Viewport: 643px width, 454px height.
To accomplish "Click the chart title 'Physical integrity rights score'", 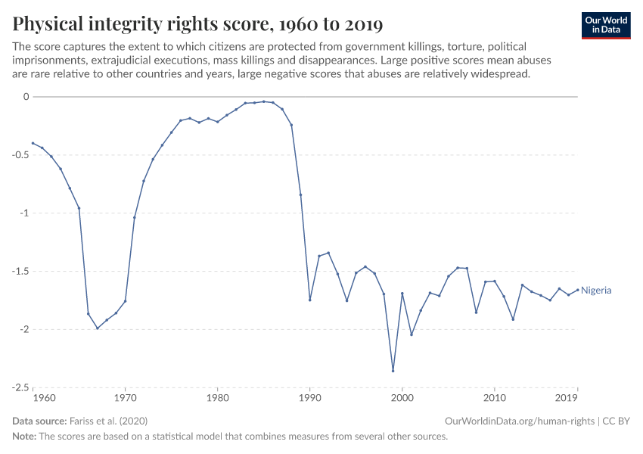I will point(197,24).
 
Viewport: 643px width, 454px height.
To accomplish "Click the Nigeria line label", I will point(596,291).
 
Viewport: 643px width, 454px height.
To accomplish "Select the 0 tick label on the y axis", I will point(25,97).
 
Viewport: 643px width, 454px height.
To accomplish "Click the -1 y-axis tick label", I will point(23,213).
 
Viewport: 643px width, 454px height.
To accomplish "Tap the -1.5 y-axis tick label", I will point(19,271).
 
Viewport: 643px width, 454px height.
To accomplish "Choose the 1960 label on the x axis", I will point(45,398).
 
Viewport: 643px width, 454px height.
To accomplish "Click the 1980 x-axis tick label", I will point(217,398).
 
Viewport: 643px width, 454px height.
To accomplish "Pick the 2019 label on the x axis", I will point(567,398).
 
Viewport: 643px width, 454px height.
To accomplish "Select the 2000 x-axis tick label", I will point(402,398).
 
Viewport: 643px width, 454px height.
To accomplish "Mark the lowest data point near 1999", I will point(393,371).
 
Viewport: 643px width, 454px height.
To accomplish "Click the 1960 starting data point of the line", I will point(33,143).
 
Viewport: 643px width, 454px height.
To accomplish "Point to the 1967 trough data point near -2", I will point(98,328).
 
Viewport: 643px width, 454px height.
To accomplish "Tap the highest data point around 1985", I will point(263,101).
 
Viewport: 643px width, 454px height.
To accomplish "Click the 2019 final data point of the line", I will point(577,289).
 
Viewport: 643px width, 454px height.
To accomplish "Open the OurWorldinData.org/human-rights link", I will point(520,421).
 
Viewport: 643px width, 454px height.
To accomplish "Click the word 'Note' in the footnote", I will point(24,437).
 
